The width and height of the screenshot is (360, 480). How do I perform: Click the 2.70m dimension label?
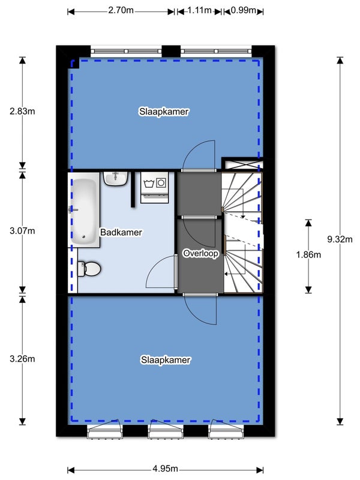[121, 10]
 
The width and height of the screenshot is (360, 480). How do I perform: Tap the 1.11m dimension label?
[199, 10]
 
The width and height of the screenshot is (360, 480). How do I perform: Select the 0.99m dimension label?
[244, 10]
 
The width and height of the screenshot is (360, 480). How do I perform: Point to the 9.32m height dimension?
[340, 239]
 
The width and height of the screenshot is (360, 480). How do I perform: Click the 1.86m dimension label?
[308, 254]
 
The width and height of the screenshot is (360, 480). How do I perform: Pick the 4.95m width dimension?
[166, 469]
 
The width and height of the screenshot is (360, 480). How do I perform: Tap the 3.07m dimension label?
[22, 231]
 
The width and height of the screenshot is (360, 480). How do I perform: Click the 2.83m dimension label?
[22, 111]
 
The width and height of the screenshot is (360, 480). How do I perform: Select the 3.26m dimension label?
[22, 358]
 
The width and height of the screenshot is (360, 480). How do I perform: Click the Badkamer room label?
[121, 232]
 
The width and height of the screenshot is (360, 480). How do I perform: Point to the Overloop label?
[200, 253]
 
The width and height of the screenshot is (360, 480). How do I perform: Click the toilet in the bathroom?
[89, 269]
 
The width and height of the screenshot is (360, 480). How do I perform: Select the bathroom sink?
[115, 179]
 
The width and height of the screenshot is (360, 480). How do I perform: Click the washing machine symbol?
[155, 187]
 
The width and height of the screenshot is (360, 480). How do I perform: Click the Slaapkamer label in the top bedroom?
[164, 112]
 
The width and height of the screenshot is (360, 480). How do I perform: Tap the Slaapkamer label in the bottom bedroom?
[166, 360]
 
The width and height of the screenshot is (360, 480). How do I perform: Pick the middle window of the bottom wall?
[166, 430]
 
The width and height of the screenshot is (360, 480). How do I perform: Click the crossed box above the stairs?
[242, 164]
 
